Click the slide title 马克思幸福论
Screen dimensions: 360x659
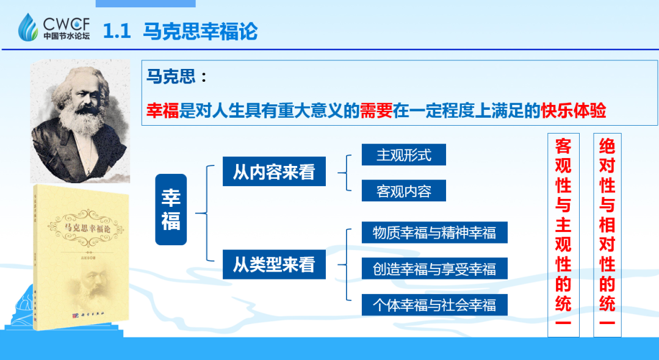click(x=200, y=31)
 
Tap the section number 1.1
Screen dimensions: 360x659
click(x=117, y=31)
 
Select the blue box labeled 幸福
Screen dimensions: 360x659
click(x=170, y=209)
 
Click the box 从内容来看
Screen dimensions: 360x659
click(x=274, y=172)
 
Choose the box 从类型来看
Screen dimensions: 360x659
click(x=274, y=266)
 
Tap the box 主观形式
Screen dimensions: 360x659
click(x=403, y=155)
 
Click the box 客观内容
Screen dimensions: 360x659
click(x=403, y=191)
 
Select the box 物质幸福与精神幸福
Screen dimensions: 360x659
click(x=434, y=232)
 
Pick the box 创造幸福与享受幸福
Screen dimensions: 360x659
click(x=434, y=268)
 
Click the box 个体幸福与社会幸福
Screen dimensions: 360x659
click(x=434, y=304)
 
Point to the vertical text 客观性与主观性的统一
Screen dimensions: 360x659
click(x=563, y=235)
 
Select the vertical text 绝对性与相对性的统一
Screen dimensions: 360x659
click(x=607, y=235)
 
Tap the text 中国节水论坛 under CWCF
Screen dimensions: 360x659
click(x=66, y=36)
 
